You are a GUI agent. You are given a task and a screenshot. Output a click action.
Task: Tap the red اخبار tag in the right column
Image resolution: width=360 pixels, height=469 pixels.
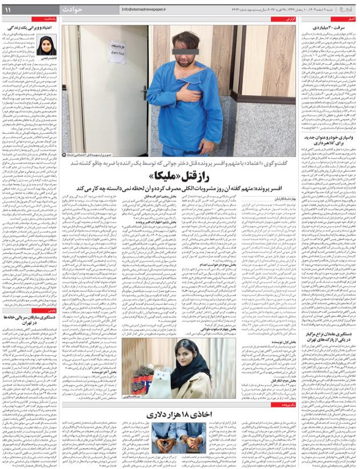pyautogui.click(x=349, y=19)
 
